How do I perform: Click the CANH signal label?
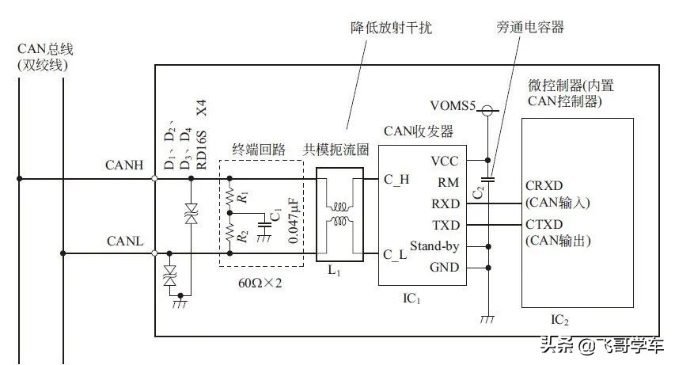[123, 165]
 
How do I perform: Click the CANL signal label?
[123, 241]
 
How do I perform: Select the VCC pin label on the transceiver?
[443, 161]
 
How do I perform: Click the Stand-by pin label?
[434, 246]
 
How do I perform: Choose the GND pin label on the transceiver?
[443, 268]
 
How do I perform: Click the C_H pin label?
[396, 179]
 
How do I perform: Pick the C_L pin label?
[396, 253]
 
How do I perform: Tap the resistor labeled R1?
[230, 196]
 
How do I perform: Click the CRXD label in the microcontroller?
[544, 186]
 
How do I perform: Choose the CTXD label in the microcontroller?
[544, 225]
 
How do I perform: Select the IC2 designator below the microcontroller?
[559, 321]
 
